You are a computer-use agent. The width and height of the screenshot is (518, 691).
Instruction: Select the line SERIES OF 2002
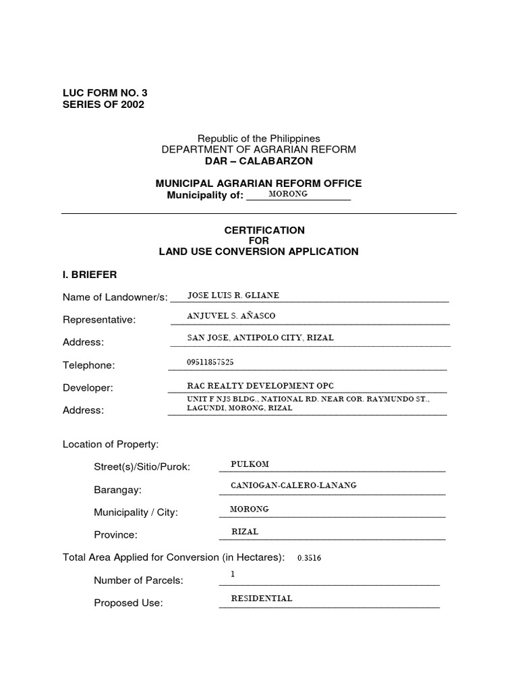[103, 105]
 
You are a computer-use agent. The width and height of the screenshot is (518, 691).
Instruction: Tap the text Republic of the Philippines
[258, 138]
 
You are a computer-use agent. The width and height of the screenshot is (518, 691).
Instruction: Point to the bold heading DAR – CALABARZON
[258, 161]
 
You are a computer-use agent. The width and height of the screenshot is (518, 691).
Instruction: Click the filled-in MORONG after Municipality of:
[288, 194]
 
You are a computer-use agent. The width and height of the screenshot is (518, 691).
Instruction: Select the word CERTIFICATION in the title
[259, 230]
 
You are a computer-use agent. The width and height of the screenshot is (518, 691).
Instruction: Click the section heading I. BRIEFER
[90, 275]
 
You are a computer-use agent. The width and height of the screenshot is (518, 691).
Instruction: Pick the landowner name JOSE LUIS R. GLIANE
[233, 295]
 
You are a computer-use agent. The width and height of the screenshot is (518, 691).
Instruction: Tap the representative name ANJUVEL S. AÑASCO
[231, 316]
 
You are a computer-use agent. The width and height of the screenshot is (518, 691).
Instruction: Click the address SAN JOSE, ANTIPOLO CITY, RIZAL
[260, 337]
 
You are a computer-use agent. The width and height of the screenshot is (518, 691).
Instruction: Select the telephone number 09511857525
[210, 362]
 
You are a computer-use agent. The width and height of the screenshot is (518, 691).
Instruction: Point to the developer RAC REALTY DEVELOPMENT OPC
[260, 385]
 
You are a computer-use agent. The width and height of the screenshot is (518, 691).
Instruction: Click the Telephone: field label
[89, 365]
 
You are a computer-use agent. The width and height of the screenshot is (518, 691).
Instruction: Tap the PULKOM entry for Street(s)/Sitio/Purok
[250, 464]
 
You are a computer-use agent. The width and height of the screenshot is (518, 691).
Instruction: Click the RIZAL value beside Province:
[245, 531]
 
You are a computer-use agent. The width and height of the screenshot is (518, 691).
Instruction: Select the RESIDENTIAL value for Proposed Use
[262, 598]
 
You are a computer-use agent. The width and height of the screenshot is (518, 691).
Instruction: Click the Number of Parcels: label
[138, 580]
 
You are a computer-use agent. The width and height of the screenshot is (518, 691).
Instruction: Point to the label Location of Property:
[111, 444]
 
